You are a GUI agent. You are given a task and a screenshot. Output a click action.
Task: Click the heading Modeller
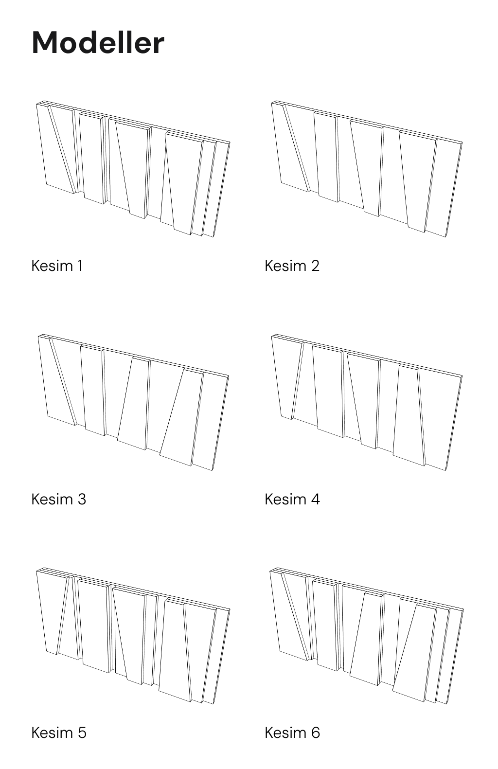point(98,43)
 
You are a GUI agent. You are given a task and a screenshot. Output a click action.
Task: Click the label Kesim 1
point(57,266)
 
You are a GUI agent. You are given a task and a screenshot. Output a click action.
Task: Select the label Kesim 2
point(292,266)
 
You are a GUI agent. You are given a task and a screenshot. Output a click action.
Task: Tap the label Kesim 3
point(59,500)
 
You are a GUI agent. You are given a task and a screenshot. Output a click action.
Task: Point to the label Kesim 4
point(292,500)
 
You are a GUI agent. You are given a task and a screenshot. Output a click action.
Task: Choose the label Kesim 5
point(59,733)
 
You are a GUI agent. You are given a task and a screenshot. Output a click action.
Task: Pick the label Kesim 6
point(292,733)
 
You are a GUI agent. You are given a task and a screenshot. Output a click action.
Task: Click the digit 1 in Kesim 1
point(80,266)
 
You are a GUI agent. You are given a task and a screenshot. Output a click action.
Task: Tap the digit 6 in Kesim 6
point(316,733)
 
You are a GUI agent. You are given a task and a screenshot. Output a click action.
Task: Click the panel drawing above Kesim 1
point(133,169)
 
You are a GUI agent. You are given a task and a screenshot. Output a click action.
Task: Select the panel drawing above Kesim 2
point(367,169)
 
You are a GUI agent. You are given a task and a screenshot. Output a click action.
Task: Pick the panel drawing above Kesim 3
point(133,402)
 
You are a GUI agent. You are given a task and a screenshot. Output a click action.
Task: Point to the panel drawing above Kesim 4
point(367,402)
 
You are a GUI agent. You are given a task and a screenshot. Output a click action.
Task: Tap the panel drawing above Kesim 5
point(133,636)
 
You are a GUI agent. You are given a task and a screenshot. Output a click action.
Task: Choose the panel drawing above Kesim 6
point(367,636)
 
